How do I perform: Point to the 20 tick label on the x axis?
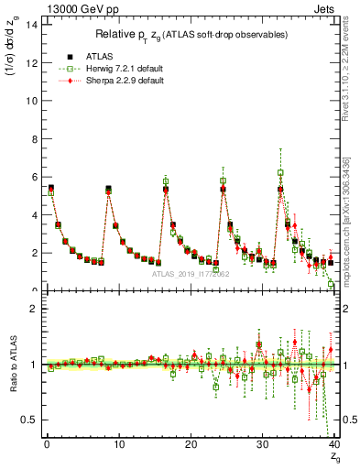click(191, 445)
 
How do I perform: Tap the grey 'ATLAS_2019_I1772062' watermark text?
click(191, 274)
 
